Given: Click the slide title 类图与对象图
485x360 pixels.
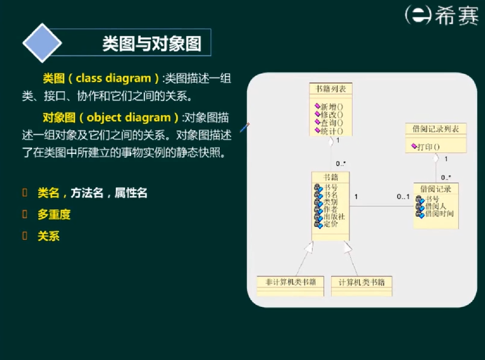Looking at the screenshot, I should pyautogui.click(x=152, y=43).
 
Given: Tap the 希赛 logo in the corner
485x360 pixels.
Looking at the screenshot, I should pyautogui.click(x=440, y=15).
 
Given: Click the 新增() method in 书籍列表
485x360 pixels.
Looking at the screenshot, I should pyautogui.click(x=332, y=106).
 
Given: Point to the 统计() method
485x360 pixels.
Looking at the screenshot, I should pyautogui.click(x=332, y=130).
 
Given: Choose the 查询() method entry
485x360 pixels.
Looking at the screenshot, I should pyautogui.click(x=332, y=123).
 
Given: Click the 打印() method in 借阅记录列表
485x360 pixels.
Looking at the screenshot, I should pyautogui.click(x=428, y=146).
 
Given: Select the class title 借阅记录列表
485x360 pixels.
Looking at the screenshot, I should pyautogui.click(x=435, y=129).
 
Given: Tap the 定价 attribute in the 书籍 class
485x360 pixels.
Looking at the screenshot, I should pyautogui.click(x=330, y=224).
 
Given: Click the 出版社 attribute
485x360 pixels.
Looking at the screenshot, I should pyautogui.click(x=334, y=216).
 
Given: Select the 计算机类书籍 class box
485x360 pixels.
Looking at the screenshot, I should pyautogui.click(x=362, y=282).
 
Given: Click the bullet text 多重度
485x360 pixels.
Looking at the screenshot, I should pyautogui.click(x=54, y=214).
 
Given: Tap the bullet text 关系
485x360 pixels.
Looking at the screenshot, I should pyautogui.click(x=48, y=236).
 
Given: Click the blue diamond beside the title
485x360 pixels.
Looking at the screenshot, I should pyautogui.click(x=42, y=43).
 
